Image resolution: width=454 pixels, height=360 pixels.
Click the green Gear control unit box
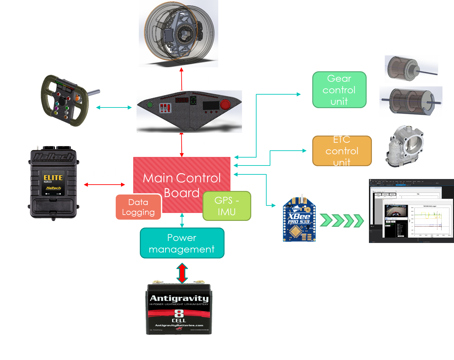(339, 90)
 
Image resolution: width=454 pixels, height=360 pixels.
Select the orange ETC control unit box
(342, 151)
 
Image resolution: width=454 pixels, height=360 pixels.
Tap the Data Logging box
(138, 207)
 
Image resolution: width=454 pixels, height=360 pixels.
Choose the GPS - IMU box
(227, 206)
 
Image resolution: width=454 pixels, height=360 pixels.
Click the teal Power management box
(182, 243)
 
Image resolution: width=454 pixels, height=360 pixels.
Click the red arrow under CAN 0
(105, 185)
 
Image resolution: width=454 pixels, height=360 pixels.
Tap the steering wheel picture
(71, 100)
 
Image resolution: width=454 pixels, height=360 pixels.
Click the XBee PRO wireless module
(299, 219)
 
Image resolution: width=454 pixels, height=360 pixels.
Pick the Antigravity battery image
(179, 308)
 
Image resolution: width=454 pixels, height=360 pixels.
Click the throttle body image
(405, 145)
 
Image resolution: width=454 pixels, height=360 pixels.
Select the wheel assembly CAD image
(178, 33)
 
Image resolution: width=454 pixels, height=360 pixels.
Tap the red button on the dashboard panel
(225, 105)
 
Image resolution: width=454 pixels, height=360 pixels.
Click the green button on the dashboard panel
(150, 105)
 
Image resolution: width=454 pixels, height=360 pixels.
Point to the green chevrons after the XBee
(342, 220)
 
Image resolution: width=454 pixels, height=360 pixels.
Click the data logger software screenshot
(411, 211)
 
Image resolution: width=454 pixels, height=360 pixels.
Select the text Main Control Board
(182, 185)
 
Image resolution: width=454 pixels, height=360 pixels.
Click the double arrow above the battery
(182, 273)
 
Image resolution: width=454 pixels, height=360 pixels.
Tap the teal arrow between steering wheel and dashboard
(114, 107)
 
